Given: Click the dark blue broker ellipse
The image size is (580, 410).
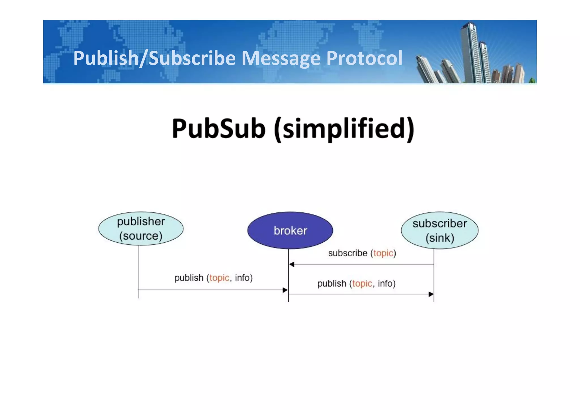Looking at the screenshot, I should pos(290,230).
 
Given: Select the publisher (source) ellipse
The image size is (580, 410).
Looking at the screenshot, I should pos(141,228).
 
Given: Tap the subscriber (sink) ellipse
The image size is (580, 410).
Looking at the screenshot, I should pos(440,230).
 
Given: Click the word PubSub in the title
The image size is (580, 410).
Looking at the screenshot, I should pos(219,129).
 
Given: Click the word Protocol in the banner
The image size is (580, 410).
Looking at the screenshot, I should pos(364,58).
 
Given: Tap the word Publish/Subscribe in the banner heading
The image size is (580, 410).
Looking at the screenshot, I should pos(154,58).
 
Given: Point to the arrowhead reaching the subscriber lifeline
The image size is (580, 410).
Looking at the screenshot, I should pos(431,294).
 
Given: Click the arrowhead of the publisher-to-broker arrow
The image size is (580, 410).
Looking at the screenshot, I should pos(285,290).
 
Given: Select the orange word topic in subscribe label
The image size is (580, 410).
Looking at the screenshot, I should pos(383,253).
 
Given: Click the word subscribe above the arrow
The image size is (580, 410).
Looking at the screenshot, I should pos(347,253).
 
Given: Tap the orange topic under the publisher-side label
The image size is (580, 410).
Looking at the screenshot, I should pos(219,278).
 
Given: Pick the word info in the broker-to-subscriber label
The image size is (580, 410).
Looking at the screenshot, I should pos(385,283).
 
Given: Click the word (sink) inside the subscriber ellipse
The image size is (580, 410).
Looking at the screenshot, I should pos(440,238).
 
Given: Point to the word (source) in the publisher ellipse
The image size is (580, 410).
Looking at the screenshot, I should pos(141,236).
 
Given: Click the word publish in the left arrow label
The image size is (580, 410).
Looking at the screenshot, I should pos(189,278).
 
